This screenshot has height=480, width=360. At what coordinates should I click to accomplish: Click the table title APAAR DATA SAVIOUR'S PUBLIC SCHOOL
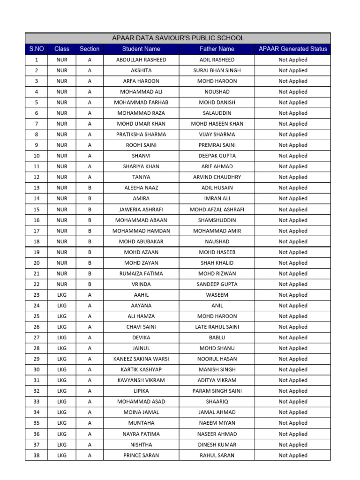(x=178, y=38)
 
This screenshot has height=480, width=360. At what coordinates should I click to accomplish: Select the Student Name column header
(x=141, y=49)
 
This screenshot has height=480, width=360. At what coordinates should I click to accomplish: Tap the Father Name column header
(x=217, y=49)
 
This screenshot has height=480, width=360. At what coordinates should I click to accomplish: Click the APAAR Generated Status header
(x=293, y=49)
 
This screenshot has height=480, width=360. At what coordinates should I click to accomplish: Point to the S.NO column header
(x=37, y=49)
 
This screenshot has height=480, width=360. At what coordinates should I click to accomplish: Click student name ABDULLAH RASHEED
(x=141, y=60)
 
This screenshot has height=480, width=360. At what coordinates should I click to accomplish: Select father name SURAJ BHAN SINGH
(x=217, y=70)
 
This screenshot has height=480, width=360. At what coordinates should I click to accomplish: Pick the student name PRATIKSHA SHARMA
(x=141, y=135)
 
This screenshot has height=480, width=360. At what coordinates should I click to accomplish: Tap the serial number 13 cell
(x=37, y=188)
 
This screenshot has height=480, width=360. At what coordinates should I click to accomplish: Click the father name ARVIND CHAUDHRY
(x=217, y=177)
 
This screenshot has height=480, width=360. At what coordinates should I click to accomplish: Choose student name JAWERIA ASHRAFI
(x=141, y=210)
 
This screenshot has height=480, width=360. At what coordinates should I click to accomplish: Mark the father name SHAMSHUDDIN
(x=217, y=220)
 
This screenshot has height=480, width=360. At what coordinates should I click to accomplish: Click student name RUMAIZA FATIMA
(x=141, y=274)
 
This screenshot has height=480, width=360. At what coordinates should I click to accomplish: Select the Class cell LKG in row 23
(x=62, y=295)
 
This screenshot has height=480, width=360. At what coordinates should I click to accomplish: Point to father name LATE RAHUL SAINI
(x=217, y=327)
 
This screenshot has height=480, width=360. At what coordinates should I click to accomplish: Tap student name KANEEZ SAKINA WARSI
(x=141, y=359)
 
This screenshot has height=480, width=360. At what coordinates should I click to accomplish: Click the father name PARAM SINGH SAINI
(x=217, y=391)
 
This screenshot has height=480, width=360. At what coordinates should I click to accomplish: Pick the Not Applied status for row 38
(x=293, y=455)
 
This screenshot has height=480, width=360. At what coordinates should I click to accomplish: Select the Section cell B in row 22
(x=90, y=284)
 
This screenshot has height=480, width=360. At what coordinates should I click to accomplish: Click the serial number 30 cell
(x=37, y=370)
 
